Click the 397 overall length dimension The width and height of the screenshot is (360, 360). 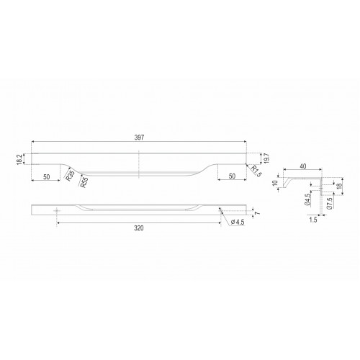tap(139, 138)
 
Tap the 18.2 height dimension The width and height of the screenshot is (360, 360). tap(19, 159)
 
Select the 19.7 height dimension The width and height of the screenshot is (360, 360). tap(268, 158)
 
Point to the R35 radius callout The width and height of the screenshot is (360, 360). tap(69, 176)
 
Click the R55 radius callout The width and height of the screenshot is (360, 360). tap(83, 182)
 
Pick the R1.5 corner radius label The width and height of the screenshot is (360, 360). tap(256, 170)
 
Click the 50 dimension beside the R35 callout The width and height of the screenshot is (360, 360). tap(47, 177)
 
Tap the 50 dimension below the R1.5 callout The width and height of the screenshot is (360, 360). tap(232, 176)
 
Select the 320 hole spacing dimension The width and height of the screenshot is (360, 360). tap(139, 228)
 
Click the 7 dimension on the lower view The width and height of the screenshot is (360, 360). tap(258, 213)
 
